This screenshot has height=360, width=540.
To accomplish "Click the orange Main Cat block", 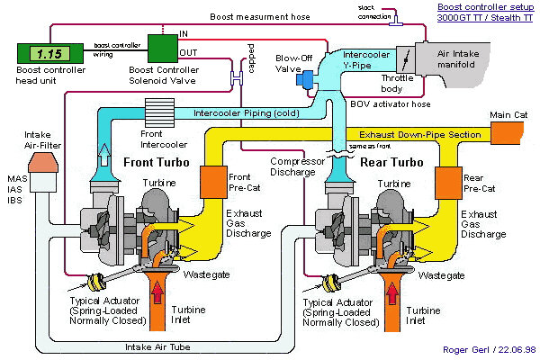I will (x=510, y=134).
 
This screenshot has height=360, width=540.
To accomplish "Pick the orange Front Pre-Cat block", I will (x=213, y=184).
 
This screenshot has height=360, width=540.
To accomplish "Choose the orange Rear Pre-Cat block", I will (x=448, y=184).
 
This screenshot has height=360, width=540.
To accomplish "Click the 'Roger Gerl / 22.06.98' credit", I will (x=488, y=350).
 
